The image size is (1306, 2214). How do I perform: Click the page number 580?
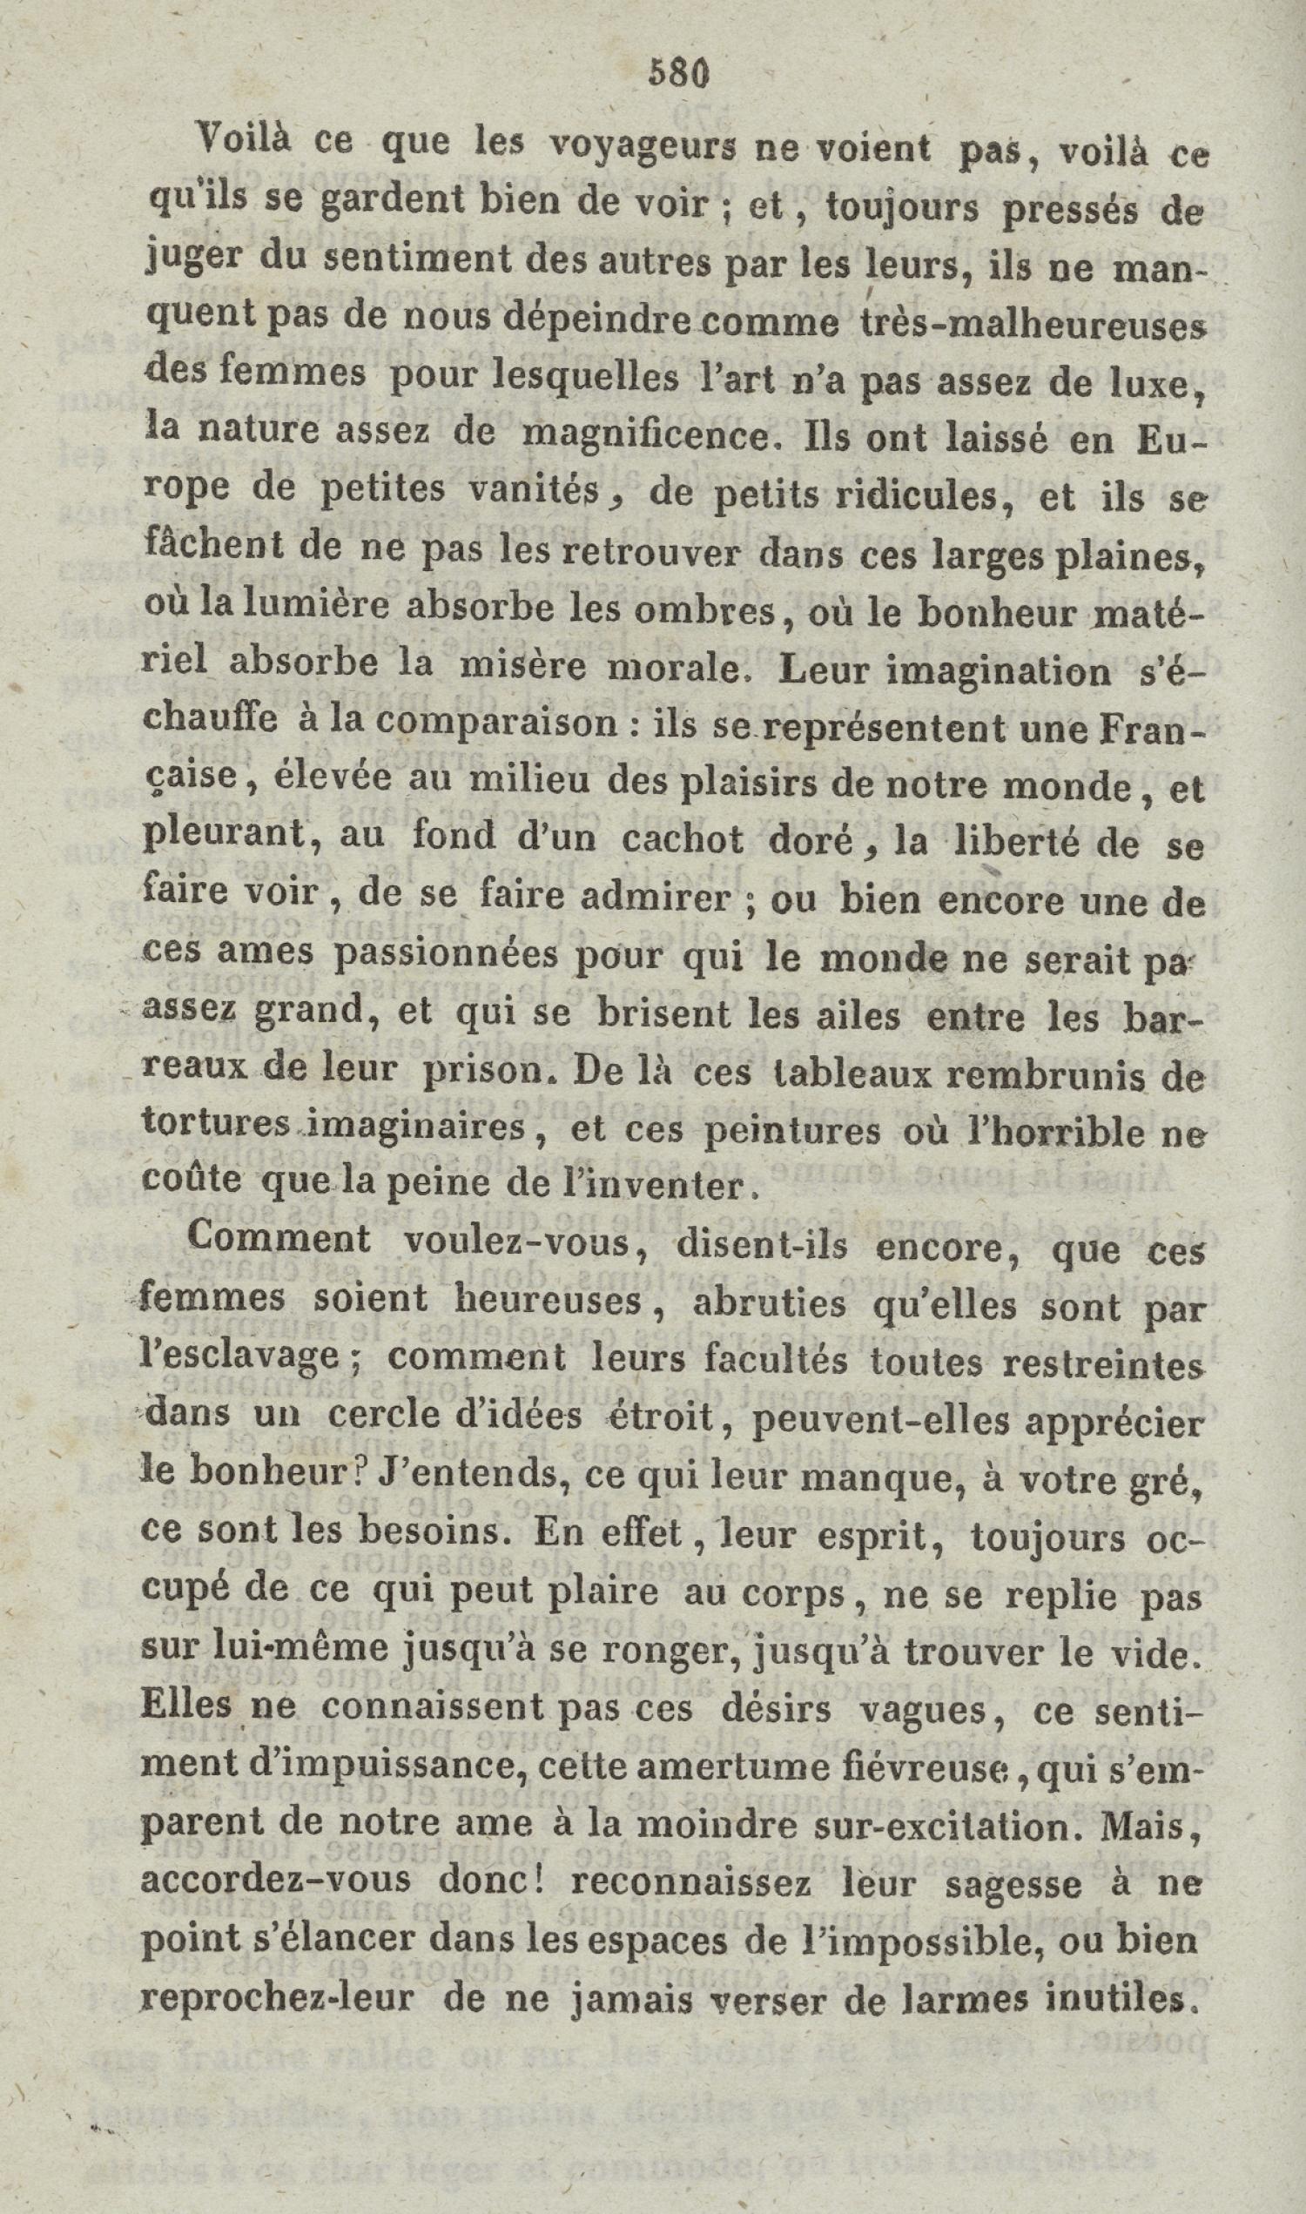coord(677,75)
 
